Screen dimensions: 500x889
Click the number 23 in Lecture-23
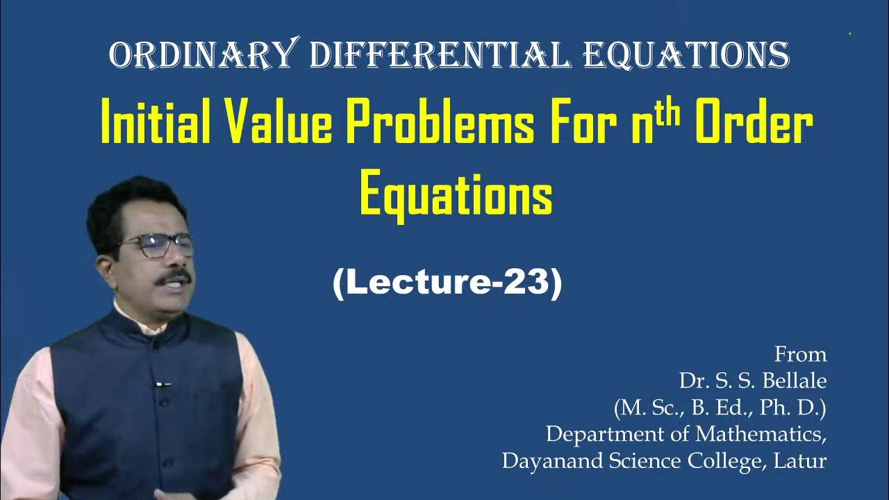pyautogui.click(x=531, y=284)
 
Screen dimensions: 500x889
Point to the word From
pyautogui.click(x=801, y=355)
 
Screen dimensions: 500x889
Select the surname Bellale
pyautogui.click(x=792, y=381)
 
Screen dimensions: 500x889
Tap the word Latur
pyautogui.click(x=803, y=460)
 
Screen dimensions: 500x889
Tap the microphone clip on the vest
pyautogui.click(x=162, y=383)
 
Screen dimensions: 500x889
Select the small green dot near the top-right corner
pyautogui.click(x=850, y=33)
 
